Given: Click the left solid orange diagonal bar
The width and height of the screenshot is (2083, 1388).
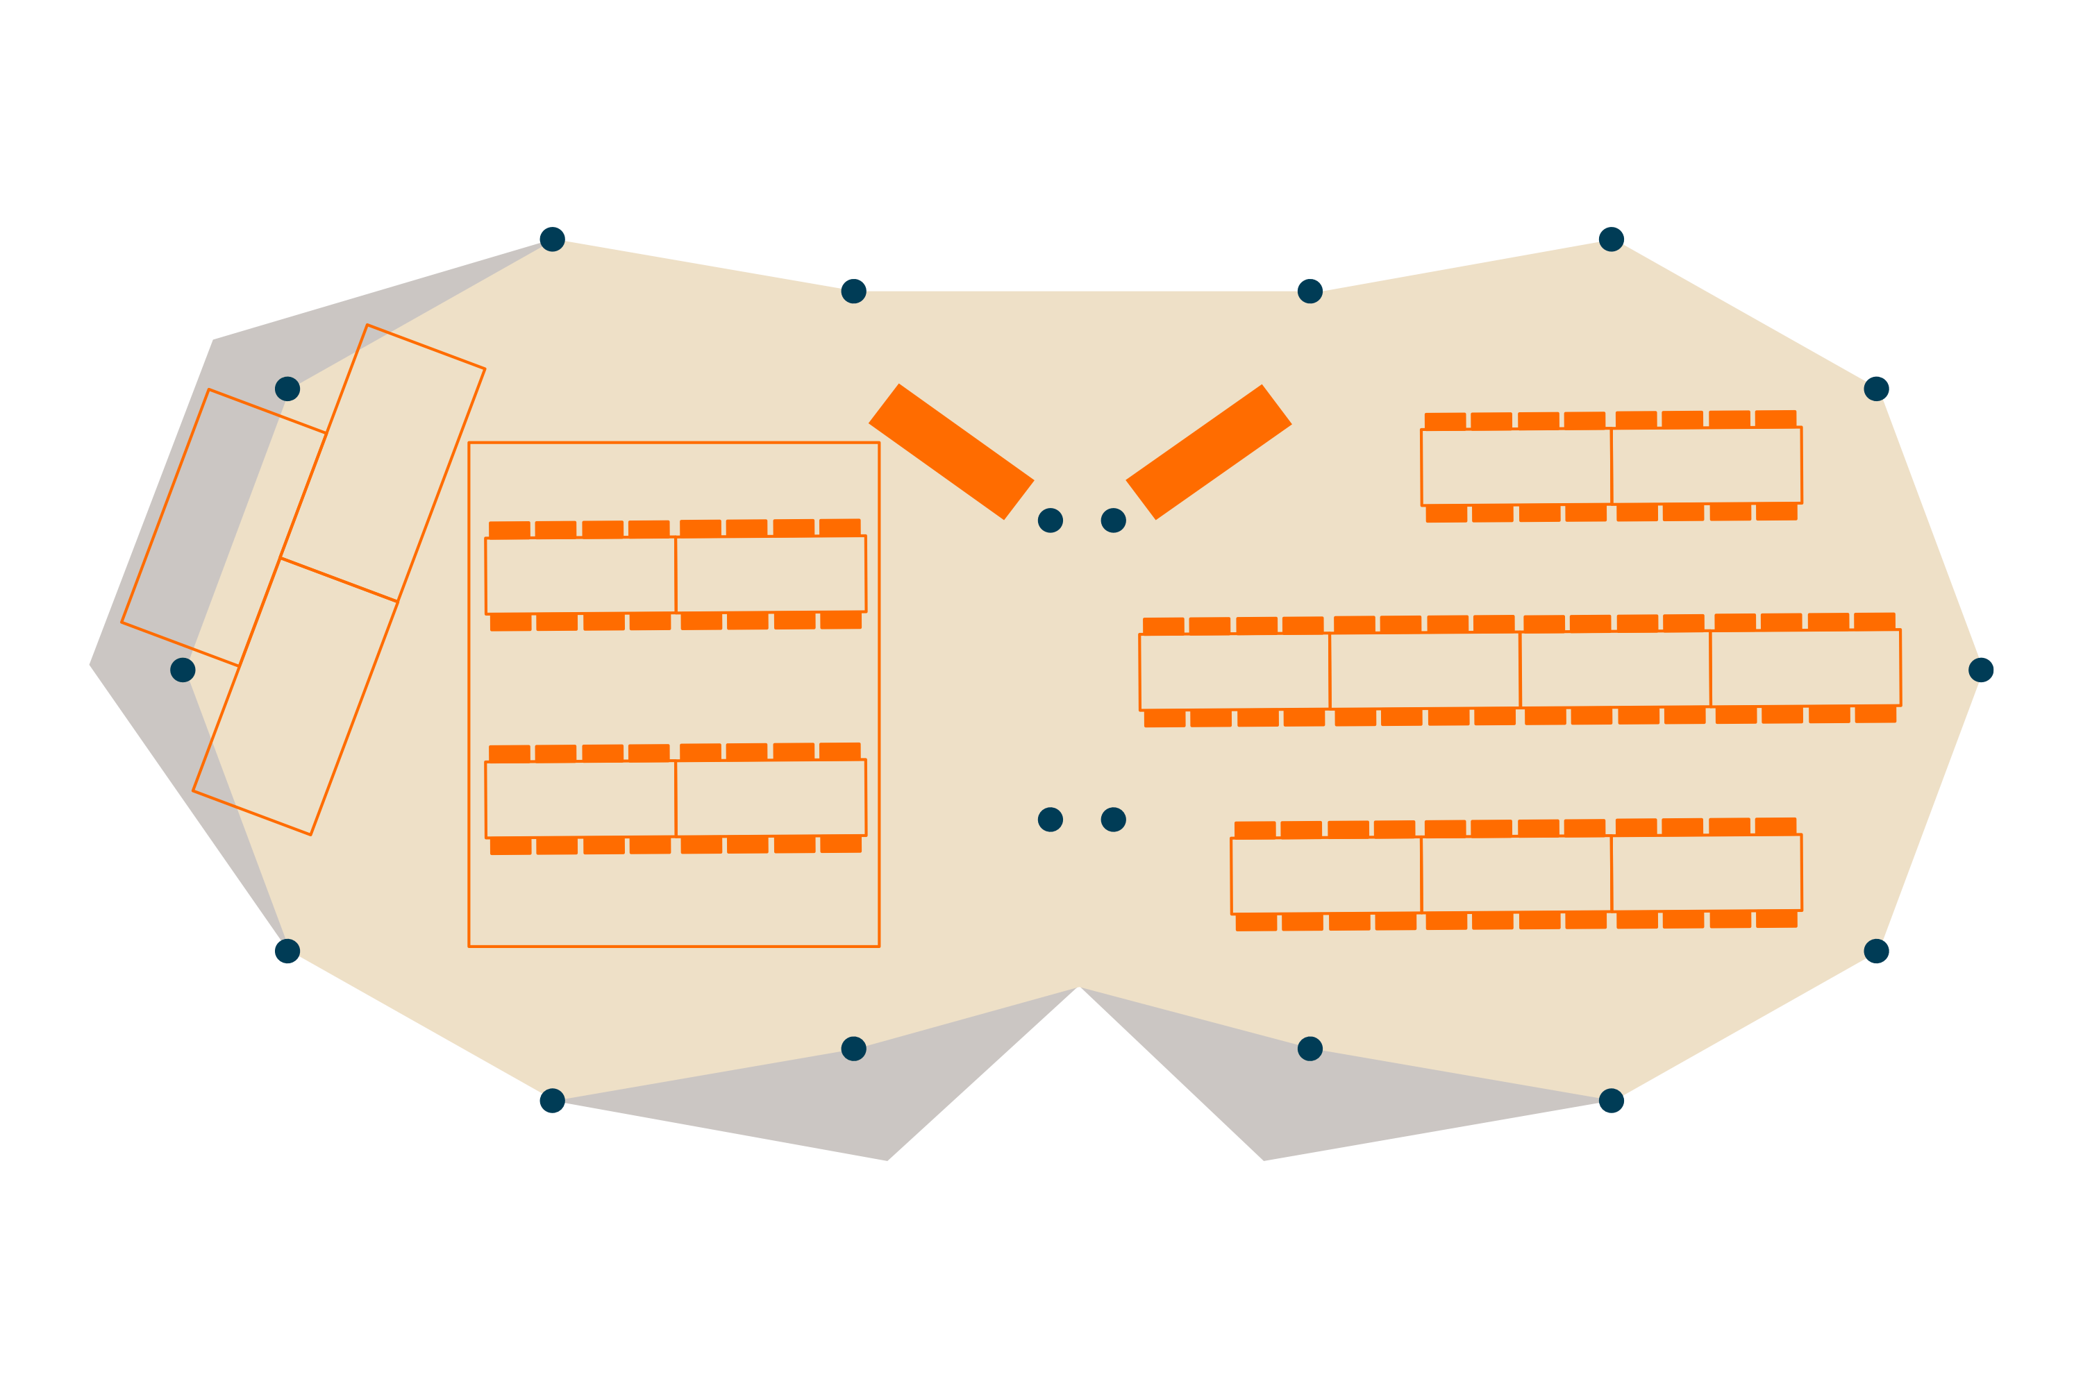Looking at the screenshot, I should point(951,452).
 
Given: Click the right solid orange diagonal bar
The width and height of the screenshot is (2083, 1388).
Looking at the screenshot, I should point(1208,452).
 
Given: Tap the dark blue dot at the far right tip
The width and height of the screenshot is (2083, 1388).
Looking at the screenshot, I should point(1981,670).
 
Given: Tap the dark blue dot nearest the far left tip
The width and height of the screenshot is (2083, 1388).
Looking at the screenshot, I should point(183,670).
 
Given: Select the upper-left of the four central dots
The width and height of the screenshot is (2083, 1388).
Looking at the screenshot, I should point(1051,520).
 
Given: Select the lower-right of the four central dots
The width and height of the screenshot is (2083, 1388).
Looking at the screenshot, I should point(1113,820).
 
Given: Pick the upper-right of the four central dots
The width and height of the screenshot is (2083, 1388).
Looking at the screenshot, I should point(1113,520).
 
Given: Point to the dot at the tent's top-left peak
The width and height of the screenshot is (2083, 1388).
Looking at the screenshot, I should point(552,239).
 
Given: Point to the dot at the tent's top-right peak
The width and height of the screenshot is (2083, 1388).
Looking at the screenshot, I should point(1611,239).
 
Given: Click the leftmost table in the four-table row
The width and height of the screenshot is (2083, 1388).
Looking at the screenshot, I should point(1235,672).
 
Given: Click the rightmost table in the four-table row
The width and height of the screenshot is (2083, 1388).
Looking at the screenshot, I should point(1805,668).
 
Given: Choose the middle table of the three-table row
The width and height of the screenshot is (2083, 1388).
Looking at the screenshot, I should point(1516,874).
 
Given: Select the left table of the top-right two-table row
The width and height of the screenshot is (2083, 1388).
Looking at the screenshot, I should point(1516,467).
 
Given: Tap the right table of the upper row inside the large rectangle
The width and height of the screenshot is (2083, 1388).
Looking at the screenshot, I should point(771,575).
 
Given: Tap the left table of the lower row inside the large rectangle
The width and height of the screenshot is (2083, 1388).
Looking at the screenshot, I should point(580,799).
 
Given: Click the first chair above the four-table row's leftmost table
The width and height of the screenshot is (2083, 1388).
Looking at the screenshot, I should point(1164,626).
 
